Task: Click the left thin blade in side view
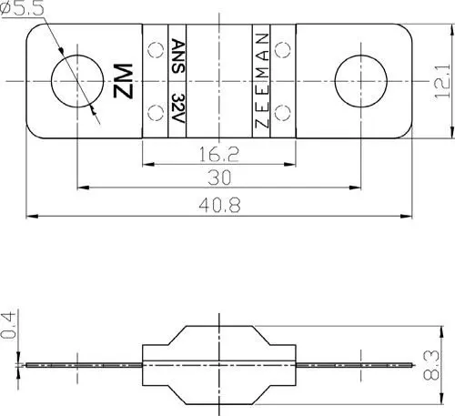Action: point(82,364)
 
